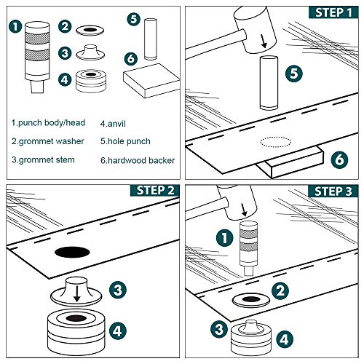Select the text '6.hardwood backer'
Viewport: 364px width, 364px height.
point(137,159)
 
